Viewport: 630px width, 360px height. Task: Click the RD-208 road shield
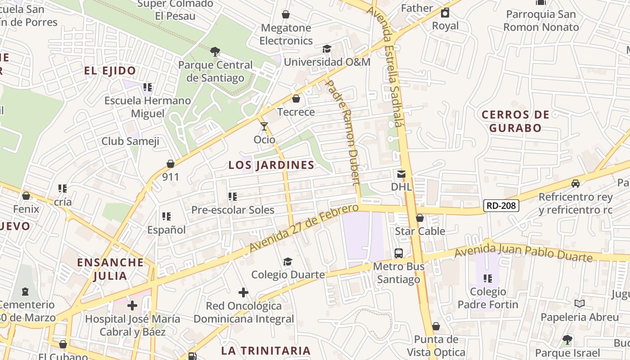coord(501,206)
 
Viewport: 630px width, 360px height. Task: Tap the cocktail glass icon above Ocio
coord(264,126)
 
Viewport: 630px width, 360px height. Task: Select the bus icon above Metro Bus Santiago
coord(399,253)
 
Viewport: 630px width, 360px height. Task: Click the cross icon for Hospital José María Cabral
coord(132,306)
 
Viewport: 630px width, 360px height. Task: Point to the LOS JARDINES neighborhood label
coord(271,165)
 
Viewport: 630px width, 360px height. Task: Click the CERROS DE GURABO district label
coord(516,121)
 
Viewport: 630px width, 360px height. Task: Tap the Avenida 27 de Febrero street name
coord(304,228)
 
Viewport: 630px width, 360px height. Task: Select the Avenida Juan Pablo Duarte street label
coord(523,252)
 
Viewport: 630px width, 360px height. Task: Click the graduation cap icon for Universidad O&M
coord(327,49)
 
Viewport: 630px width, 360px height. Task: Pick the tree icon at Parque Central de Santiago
coord(216,52)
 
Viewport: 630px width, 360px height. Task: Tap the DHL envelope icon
coord(401,174)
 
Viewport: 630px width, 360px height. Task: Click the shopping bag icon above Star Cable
coord(420,218)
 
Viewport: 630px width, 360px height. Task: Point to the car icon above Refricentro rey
coord(576,184)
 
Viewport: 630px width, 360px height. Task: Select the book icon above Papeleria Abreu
coord(580,304)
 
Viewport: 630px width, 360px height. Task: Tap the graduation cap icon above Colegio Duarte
coord(288,261)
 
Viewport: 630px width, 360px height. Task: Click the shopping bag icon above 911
coord(171,164)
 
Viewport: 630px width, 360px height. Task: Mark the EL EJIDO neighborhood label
coord(110,71)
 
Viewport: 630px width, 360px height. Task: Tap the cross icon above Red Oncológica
coord(243,293)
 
